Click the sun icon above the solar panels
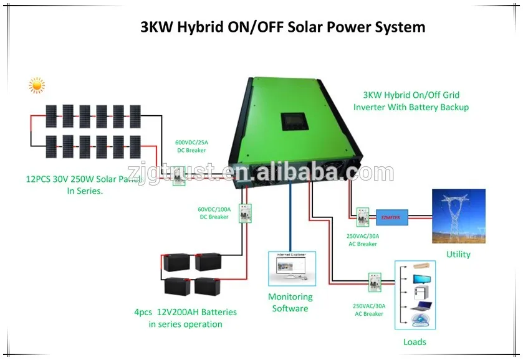click(37, 85)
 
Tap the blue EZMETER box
click(391, 217)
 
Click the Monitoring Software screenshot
click(292, 268)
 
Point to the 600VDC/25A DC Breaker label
click(190, 147)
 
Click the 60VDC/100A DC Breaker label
click(214, 213)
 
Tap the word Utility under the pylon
click(458, 254)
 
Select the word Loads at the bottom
click(415, 341)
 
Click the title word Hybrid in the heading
click(202, 27)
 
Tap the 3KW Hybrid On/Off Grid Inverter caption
click(411, 101)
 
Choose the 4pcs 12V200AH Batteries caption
click(185, 318)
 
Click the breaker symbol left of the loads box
click(374, 281)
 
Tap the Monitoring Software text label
click(290, 303)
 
